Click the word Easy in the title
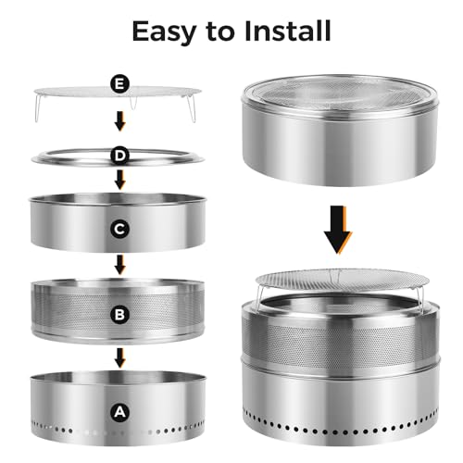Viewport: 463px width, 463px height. pos(164,32)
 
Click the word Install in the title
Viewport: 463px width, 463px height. pos(287,31)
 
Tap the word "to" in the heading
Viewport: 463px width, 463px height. pos(220,31)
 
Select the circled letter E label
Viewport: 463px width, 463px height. pos(120,83)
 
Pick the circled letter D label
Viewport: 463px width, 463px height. pos(120,156)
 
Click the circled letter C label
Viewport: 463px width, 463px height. pos(120,229)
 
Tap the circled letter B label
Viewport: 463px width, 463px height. pos(120,315)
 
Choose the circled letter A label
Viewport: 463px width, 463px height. pos(120,412)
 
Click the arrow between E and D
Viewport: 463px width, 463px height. pos(120,121)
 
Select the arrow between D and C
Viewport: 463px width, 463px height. pos(120,180)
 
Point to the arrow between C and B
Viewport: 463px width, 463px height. pos(120,265)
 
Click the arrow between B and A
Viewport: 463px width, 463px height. pos(120,358)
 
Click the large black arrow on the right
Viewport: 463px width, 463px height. pos(338,230)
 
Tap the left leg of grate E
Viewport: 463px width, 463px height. pos(38,108)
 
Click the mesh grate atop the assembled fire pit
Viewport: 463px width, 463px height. pos(342,280)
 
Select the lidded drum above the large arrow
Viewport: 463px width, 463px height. pos(340,130)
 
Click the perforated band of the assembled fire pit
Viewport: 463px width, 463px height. pos(340,341)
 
